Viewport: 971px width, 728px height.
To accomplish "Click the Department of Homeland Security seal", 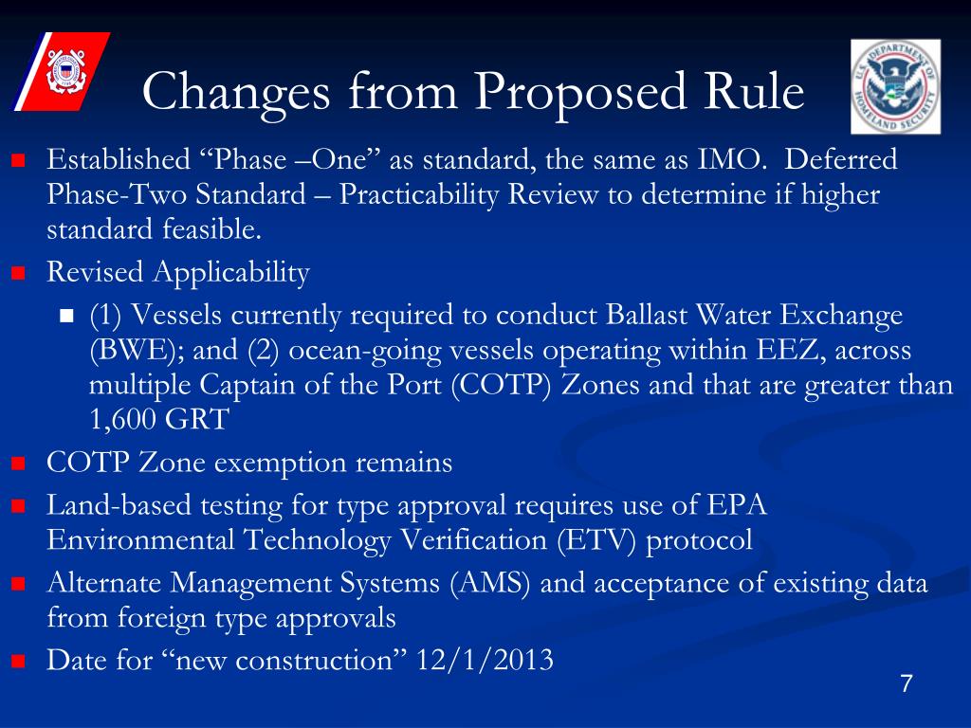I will [895, 85].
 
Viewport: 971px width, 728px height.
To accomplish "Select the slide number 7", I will [906, 685].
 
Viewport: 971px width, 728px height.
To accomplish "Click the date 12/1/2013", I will [485, 661].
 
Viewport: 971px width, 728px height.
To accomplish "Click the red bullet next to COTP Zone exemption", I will [18, 464].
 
